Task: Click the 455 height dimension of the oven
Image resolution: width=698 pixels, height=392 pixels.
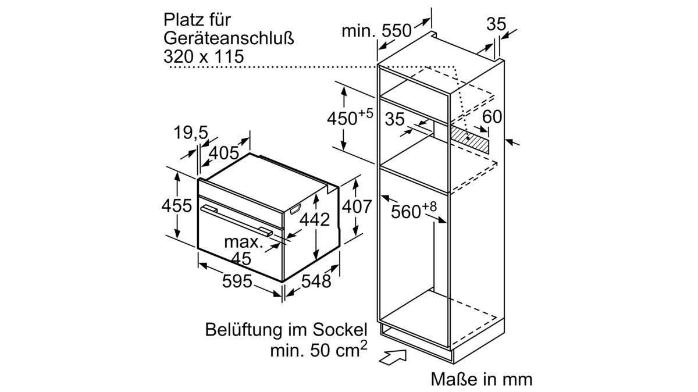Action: coord(177,206)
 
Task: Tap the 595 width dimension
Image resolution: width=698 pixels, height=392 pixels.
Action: coord(237,281)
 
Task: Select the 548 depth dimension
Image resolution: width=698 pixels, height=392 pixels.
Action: coord(316,281)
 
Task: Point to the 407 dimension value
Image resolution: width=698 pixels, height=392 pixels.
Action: coord(357,206)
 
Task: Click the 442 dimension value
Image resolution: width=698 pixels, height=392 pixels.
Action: coord(315,219)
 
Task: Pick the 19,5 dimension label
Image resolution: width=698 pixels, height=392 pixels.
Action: coord(191,133)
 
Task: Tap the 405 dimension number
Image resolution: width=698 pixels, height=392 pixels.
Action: coord(223,153)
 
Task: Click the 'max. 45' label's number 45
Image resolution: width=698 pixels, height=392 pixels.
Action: coord(241,258)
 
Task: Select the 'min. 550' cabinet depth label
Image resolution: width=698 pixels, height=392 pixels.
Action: coord(376,31)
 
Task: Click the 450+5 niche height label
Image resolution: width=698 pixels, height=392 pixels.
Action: coord(350,117)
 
